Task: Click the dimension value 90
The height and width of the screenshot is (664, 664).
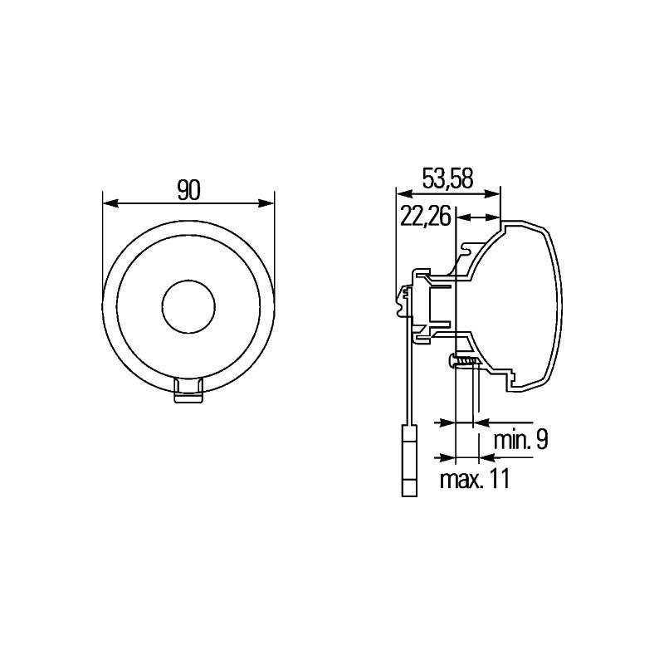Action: (x=188, y=190)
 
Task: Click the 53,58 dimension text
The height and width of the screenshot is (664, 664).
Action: (x=447, y=178)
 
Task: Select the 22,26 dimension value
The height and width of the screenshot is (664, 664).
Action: (x=425, y=217)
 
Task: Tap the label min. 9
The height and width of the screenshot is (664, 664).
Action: (x=520, y=440)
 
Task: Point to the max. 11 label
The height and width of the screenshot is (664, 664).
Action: (x=473, y=479)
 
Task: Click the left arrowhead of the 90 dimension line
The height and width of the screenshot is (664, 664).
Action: (x=108, y=203)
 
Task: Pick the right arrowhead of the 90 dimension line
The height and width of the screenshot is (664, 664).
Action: (x=268, y=203)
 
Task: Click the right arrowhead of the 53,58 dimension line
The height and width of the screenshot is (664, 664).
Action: (x=496, y=193)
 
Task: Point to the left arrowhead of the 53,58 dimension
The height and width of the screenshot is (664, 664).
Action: (x=402, y=193)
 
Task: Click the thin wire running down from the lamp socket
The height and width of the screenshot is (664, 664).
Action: (x=408, y=373)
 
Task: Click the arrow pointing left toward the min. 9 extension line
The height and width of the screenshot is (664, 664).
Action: (x=479, y=423)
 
